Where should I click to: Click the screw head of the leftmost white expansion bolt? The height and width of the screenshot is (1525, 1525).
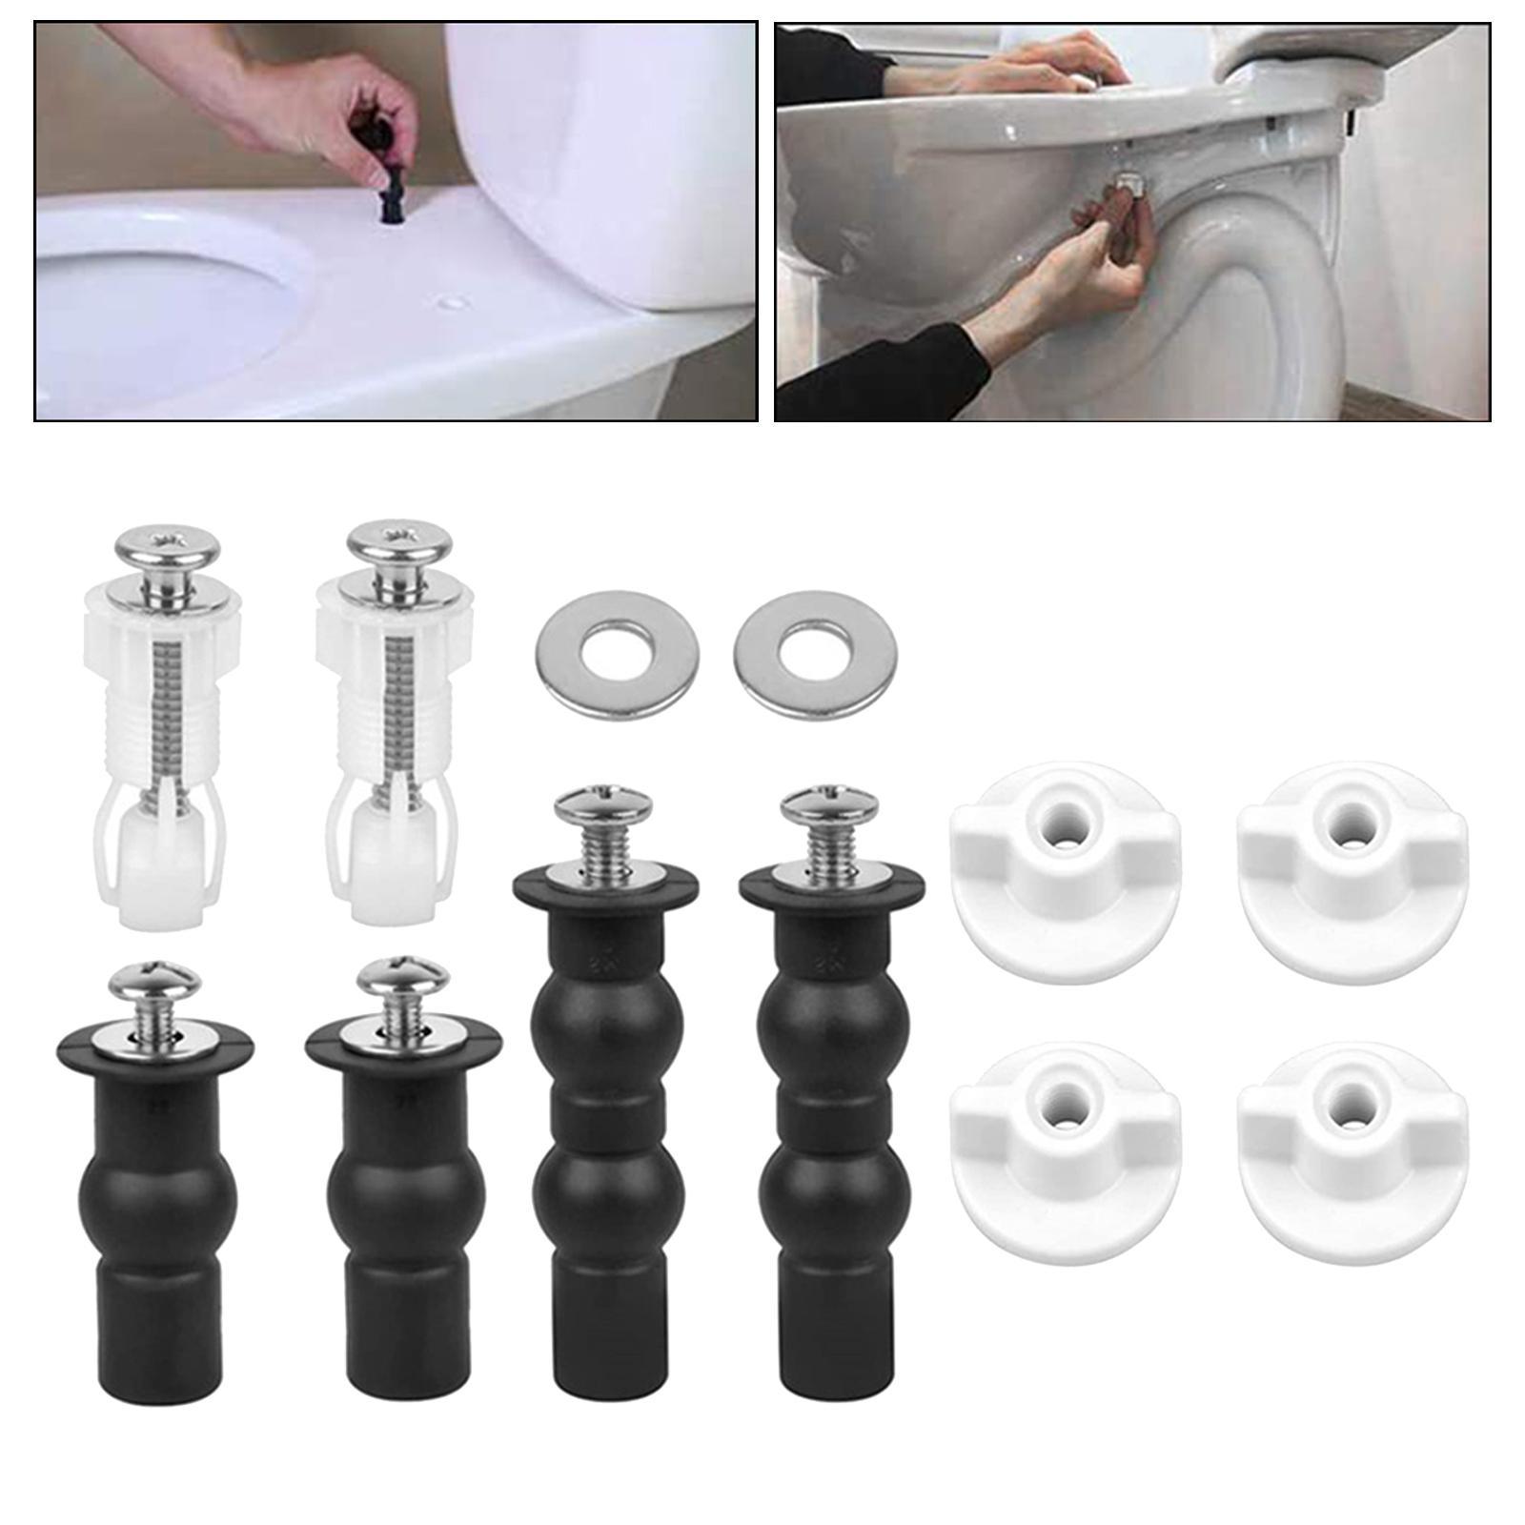pyautogui.click(x=167, y=545)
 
